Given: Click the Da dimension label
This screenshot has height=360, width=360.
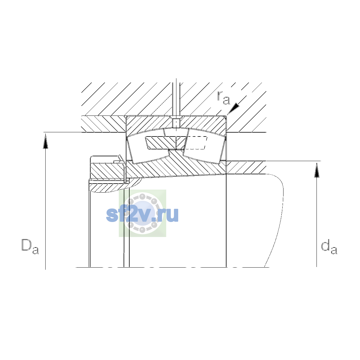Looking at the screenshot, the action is (x=30, y=246).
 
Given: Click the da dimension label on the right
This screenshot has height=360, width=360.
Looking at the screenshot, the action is (x=329, y=247).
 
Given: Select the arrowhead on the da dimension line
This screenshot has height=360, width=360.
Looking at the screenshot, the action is (x=317, y=170).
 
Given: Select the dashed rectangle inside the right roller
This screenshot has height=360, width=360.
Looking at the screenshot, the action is (x=195, y=143).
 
